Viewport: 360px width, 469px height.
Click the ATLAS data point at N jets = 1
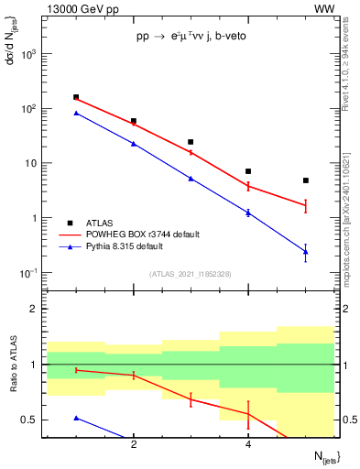pos(76,97)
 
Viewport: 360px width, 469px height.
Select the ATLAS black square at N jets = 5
pos(306,180)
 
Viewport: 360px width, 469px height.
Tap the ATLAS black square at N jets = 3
pos(191,142)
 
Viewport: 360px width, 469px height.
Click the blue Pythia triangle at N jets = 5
pos(306,252)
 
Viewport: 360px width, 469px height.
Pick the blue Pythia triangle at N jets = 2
pos(134,144)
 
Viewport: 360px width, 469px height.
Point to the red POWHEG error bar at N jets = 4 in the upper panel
pos(248,186)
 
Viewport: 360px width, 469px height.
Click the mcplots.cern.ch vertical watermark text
pos(349,211)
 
